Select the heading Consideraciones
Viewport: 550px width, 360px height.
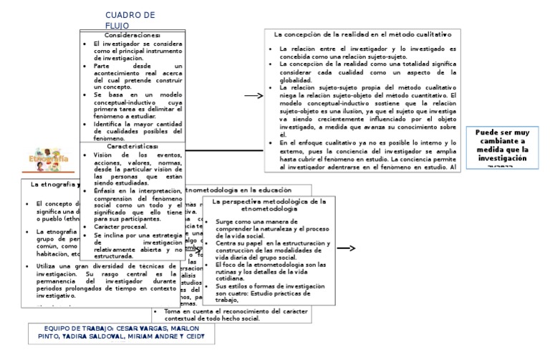(x=132, y=35)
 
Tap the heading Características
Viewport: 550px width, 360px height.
(x=132, y=145)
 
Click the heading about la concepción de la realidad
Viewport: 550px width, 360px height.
(x=363, y=34)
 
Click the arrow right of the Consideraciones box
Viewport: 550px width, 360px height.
(x=253, y=95)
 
